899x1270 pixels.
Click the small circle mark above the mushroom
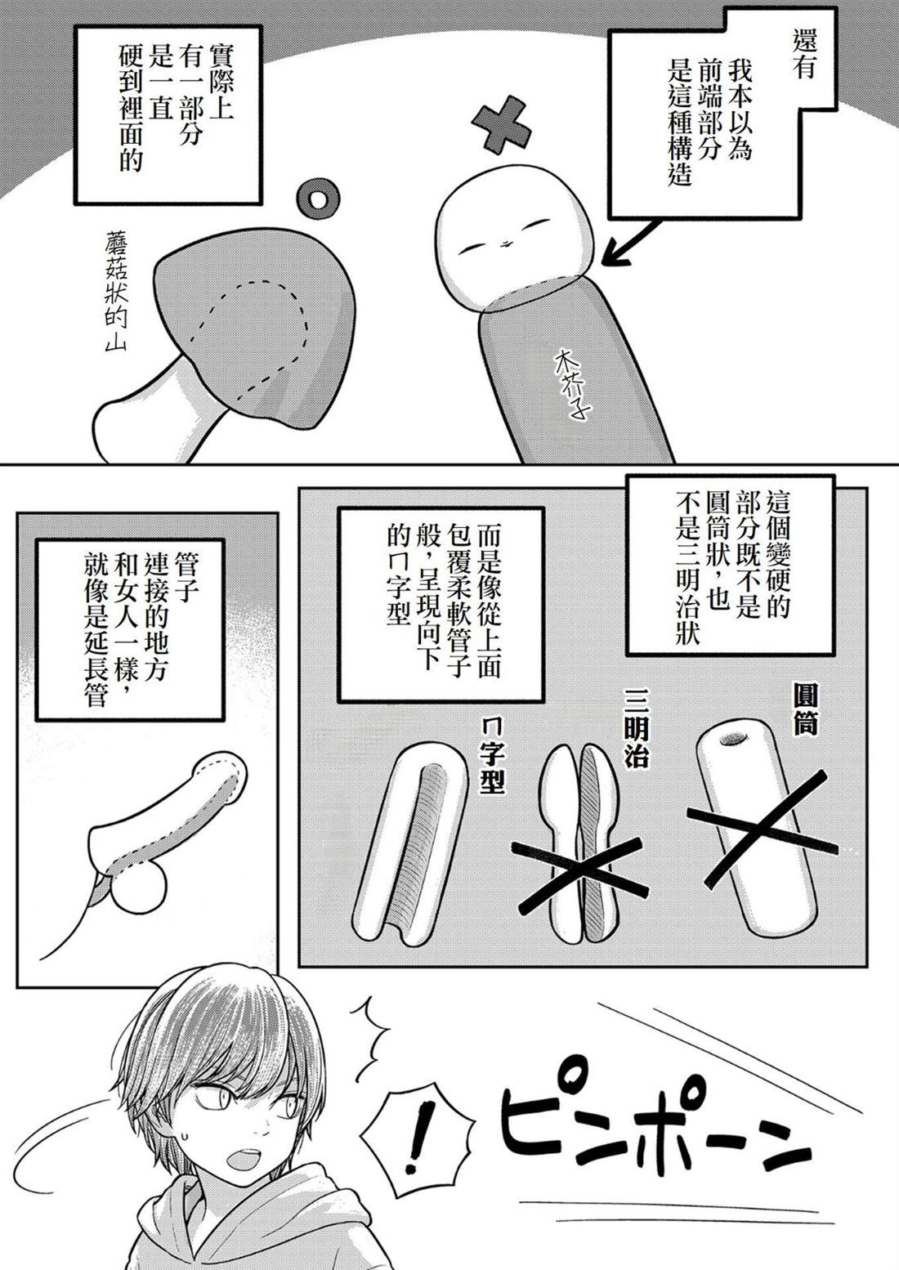(318, 199)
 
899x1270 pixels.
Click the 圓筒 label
(805, 708)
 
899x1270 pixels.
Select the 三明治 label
(636, 727)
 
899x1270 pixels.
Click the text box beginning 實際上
(168, 114)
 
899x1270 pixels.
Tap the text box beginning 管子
(131, 629)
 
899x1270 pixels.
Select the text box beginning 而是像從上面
(441, 605)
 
